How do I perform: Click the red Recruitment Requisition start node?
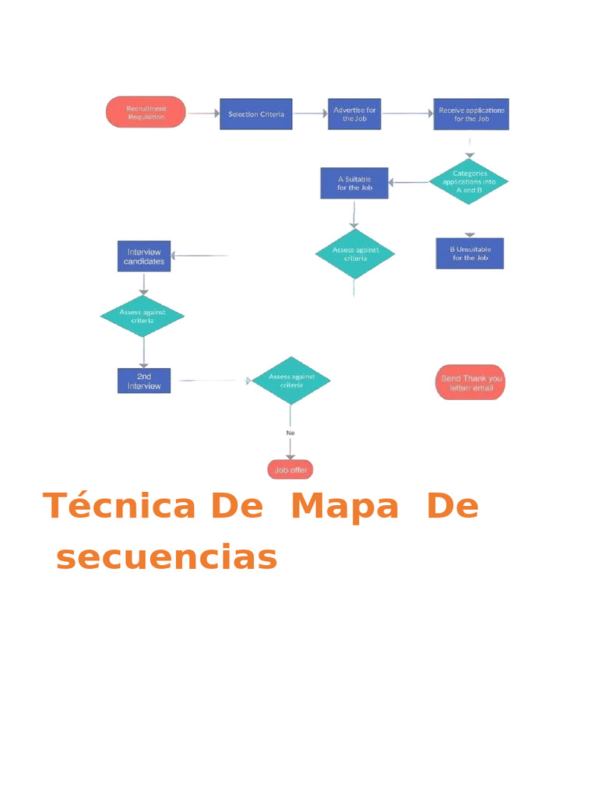click(146, 112)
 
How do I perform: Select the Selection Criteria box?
click(255, 114)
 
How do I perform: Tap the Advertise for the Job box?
click(354, 114)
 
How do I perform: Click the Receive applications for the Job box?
click(471, 114)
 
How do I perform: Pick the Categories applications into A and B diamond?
click(469, 181)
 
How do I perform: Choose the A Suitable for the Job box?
click(354, 183)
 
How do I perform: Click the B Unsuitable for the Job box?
click(470, 253)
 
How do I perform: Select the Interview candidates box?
click(144, 256)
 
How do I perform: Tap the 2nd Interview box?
click(144, 381)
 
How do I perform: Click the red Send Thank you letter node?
click(470, 382)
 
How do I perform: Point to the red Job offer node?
click(290, 470)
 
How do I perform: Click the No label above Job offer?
click(290, 432)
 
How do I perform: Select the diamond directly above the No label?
click(290, 381)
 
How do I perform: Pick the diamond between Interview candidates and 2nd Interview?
click(142, 316)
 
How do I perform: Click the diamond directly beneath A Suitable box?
click(354, 254)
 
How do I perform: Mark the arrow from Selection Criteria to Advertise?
click(310, 114)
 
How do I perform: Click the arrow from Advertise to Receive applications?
click(407, 114)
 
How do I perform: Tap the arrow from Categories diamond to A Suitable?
click(408, 183)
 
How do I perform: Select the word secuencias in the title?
click(167, 558)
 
